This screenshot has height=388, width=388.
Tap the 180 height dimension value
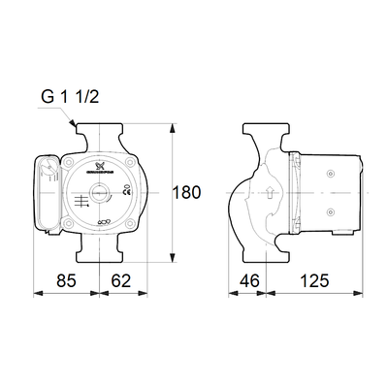(x=186, y=191)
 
